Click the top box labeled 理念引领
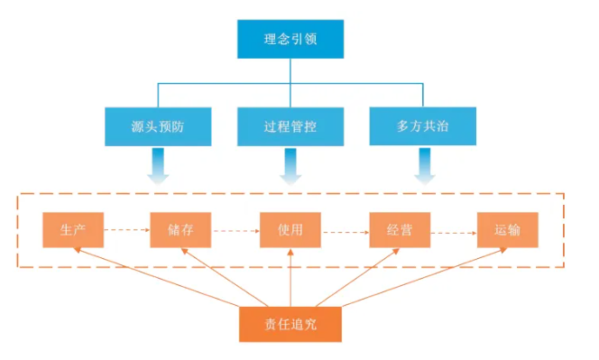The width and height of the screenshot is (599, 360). [x=290, y=40]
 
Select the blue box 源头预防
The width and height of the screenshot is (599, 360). [x=158, y=126]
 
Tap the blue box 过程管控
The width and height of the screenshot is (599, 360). [x=290, y=126]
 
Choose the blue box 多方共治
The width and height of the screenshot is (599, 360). [x=422, y=126]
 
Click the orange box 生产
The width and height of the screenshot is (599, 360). [x=73, y=230]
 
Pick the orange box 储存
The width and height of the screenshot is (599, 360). [x=180, y=230]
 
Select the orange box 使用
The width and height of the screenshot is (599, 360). [x=290, y=230]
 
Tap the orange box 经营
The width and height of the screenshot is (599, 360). [x=400, y=230]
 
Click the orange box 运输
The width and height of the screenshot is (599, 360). [x=508, y=230]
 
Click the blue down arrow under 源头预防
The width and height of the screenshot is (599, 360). [x=158, y=167]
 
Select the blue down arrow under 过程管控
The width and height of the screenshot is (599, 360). [x=290, y=167]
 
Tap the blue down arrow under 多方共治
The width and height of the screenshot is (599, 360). [x=422, y=167]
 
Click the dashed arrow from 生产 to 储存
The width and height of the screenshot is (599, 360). [x=126, y=230]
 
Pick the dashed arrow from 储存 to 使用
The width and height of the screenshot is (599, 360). [x=235, y=230]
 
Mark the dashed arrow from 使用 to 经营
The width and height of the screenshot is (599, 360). [x=345, y=230]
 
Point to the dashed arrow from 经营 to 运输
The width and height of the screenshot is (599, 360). [x=454, y=230]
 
